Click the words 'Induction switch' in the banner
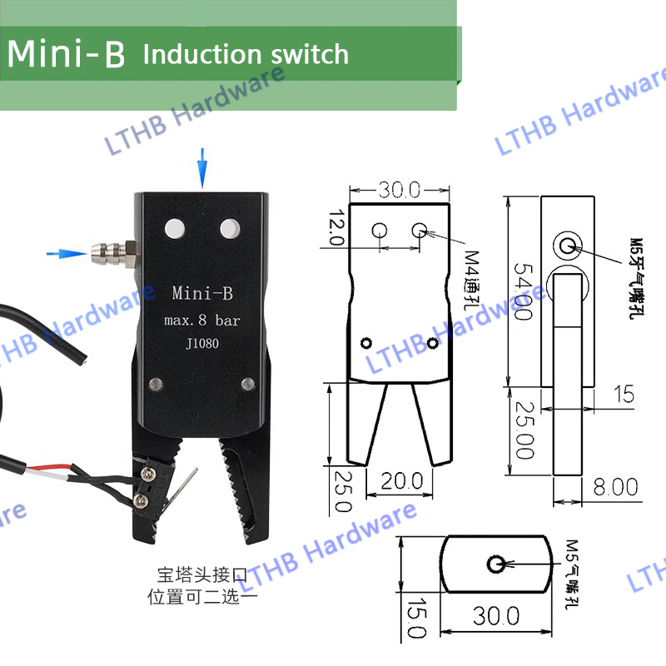tap(246, 55)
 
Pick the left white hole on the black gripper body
tap(174, 226)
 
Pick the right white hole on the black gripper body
tap(228, 226)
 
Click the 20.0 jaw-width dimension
tap(403, 480)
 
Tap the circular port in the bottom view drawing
tap(496, 564)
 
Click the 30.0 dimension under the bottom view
tap(496, 616)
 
